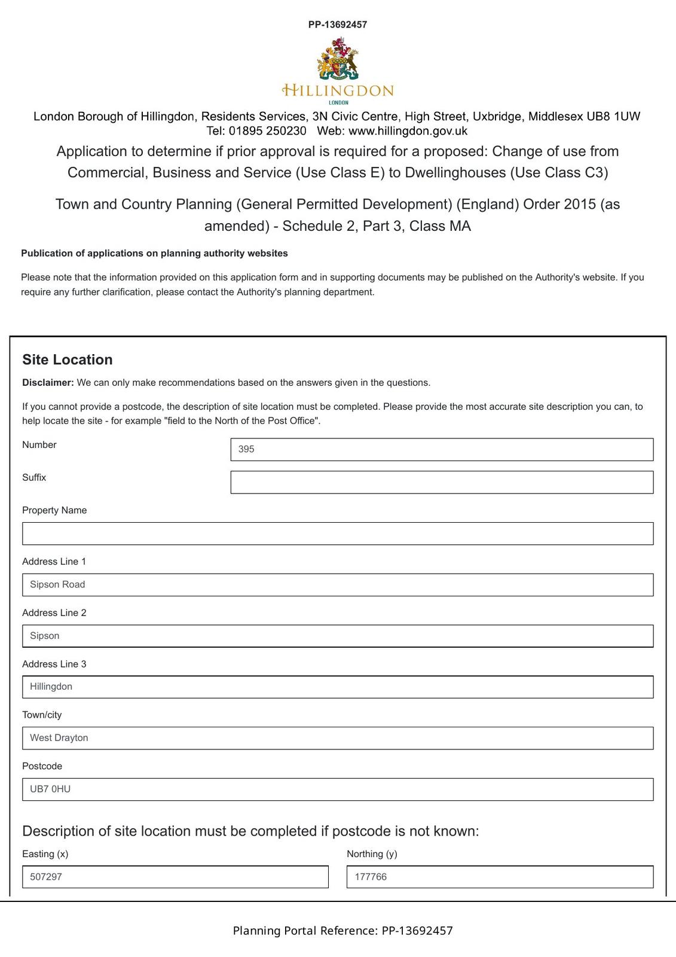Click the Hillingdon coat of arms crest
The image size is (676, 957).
click(x=338, y=59)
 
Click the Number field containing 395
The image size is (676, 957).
click(x=442, y=449)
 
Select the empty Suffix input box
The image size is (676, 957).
click(x=442, y=482)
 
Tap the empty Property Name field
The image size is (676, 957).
click(x=338, y=534)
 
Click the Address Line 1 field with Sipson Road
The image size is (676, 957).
click(x=338, y=584)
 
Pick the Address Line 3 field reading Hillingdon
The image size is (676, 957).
click(x=338, y=687)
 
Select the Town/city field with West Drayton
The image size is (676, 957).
click(x=338, y=738)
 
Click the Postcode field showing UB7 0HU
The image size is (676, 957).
click(x=338, y=789)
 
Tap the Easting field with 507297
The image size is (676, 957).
click(x=175, y=877)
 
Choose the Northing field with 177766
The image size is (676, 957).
click(x=500, y=877)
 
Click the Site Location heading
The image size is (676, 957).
click(x=68, y=359)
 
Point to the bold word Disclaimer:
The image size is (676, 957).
click(x=48, y=383)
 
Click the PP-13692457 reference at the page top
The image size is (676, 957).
click(x=338, y=25)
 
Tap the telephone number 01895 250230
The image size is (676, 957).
click(x=267, y=131)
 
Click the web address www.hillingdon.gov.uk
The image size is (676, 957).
click(x=408, y=131)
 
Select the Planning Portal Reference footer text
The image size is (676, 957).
click(x=342, y=931)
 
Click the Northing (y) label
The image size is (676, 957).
click(x=372, y=854)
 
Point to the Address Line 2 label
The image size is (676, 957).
click(x=54, y=612)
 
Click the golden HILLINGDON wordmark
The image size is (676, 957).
click(x=338, y=91)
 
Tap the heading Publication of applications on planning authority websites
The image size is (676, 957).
click(x=154, y=254)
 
